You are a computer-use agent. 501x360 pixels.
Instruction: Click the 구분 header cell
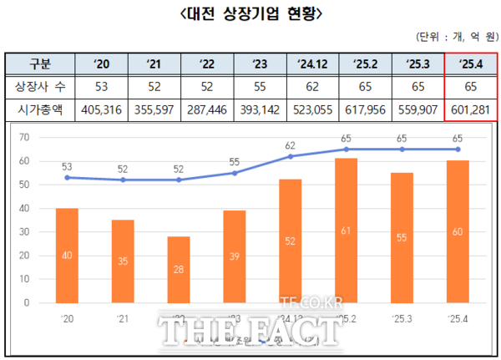tap(40, 64)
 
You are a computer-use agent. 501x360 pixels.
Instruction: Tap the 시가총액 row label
tap(40, 108)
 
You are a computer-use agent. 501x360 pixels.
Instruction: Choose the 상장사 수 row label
tap(40, 86)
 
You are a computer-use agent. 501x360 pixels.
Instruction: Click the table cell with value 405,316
tap(101, 108)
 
